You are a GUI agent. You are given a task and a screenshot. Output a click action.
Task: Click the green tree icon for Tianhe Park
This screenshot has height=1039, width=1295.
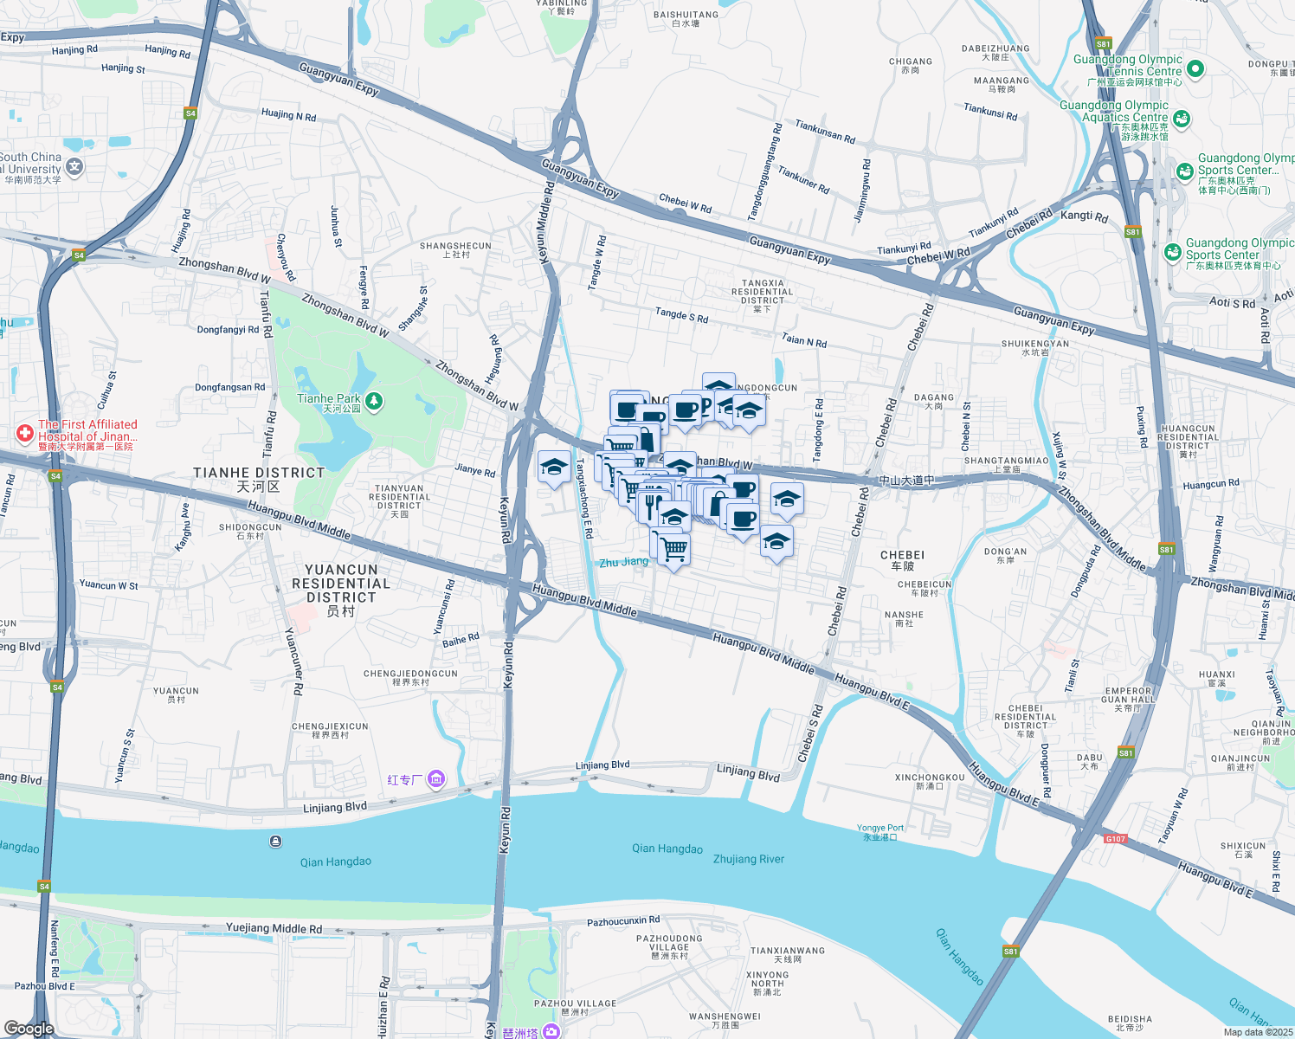point(374,401)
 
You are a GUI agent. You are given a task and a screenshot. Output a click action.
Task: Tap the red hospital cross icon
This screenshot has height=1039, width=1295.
point(25,433)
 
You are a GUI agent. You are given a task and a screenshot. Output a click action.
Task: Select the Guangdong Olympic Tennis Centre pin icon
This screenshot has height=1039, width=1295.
point(1195,68)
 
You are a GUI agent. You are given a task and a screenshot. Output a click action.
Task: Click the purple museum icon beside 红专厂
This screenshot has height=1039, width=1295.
point(436,780)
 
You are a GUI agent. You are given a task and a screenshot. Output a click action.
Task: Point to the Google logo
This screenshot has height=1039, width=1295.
point(29,1028)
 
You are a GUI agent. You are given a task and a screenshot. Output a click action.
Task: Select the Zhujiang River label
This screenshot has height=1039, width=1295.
point(748,859)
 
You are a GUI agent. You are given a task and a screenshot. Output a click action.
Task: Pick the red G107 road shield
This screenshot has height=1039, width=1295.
point(1115,838)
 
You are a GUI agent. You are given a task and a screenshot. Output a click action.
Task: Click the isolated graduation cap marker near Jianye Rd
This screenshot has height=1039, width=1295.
point(554,468)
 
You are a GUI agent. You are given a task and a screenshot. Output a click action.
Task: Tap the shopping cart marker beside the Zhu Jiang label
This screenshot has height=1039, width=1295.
point(673,548)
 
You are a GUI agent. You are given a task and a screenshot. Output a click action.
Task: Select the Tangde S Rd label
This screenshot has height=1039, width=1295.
point(681,315)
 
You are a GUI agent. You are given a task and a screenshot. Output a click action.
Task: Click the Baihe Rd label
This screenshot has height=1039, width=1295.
point(461,640)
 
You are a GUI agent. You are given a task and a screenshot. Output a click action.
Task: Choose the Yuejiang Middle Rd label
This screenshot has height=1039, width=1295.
point(274,928)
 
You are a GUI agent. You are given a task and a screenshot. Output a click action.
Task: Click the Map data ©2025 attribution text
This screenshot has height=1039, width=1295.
point(1258,1031)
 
